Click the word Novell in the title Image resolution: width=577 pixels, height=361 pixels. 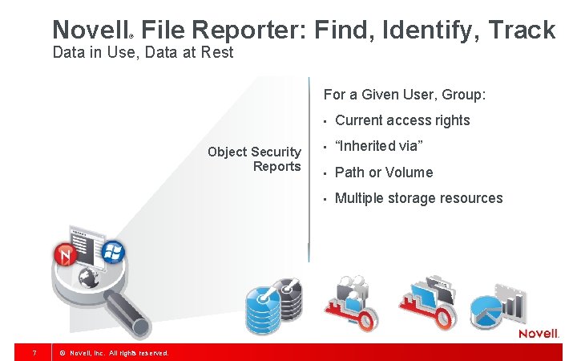89,30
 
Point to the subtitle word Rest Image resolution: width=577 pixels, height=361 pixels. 218,53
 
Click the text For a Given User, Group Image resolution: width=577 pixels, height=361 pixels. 404,95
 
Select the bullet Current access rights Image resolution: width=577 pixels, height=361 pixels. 402,120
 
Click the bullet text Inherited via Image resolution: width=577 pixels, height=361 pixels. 378,146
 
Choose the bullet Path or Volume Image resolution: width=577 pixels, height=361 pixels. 383,172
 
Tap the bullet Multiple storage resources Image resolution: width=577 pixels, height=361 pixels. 418,198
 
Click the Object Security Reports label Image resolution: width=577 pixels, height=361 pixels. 254,159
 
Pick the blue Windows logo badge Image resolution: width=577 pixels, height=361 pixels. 112,251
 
